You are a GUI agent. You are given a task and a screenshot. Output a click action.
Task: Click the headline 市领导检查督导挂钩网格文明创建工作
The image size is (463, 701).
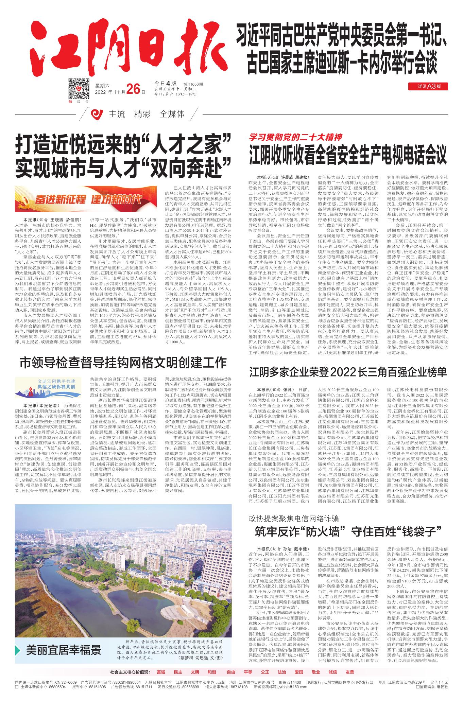(123, 363)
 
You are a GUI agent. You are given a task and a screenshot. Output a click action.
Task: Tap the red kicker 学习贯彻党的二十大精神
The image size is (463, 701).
(295, 137)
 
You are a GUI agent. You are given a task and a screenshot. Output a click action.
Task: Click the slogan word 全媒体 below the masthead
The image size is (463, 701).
(172, 114)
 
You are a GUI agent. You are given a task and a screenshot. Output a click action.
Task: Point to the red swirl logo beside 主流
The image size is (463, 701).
(98, 114)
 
